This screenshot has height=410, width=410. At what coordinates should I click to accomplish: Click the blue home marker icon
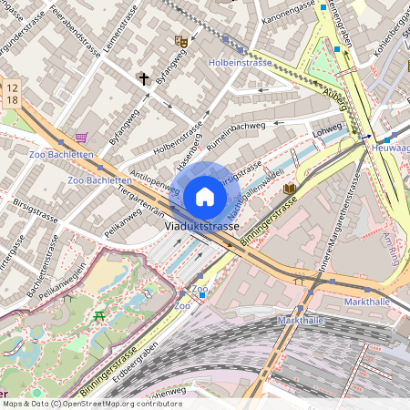205,196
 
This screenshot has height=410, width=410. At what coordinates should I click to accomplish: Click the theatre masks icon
180,41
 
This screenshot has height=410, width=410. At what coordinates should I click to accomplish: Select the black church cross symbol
143,79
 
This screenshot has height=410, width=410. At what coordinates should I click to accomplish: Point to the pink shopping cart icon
82,138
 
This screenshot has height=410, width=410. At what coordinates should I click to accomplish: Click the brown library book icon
290,189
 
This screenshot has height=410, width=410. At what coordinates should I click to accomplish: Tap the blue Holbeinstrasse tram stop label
240,63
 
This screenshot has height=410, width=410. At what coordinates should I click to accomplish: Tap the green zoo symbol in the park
99,315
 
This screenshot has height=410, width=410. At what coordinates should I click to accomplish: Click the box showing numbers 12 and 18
12,91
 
